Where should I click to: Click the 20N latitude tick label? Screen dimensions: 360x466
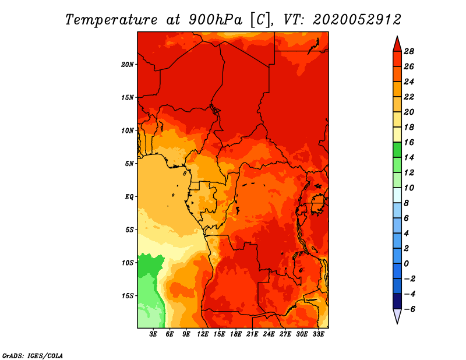128,64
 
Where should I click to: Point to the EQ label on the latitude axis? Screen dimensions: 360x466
129,196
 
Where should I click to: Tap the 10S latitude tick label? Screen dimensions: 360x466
128,263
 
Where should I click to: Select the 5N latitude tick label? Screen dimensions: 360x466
129,164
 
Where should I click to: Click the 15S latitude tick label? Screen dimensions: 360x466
128,296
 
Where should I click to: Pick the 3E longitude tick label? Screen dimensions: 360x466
154,334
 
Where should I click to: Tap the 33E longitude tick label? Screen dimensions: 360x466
319,334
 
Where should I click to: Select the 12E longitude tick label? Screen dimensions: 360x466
203,334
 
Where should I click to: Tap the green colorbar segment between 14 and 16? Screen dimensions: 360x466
397,150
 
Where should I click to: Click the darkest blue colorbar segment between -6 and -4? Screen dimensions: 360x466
397,301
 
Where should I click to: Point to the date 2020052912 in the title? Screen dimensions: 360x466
357,19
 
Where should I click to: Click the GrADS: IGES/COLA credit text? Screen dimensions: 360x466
32,355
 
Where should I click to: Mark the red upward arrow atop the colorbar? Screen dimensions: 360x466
397,44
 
